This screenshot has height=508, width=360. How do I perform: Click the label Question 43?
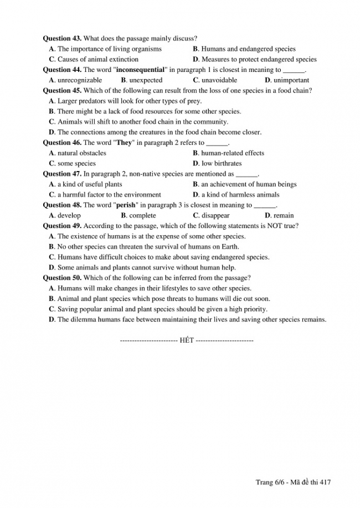point(62,39)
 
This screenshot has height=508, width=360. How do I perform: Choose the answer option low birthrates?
point(222,163)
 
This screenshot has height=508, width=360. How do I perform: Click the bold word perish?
point(125,205)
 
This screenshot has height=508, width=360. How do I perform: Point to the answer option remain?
point(284,216)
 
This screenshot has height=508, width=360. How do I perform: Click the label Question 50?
point(62,278)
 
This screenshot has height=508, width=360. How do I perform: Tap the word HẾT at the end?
point(187,340)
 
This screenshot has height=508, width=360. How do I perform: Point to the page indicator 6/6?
point(280,483)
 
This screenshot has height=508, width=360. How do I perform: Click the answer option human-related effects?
point(233,153)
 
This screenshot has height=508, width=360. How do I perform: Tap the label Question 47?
point(62,174)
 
